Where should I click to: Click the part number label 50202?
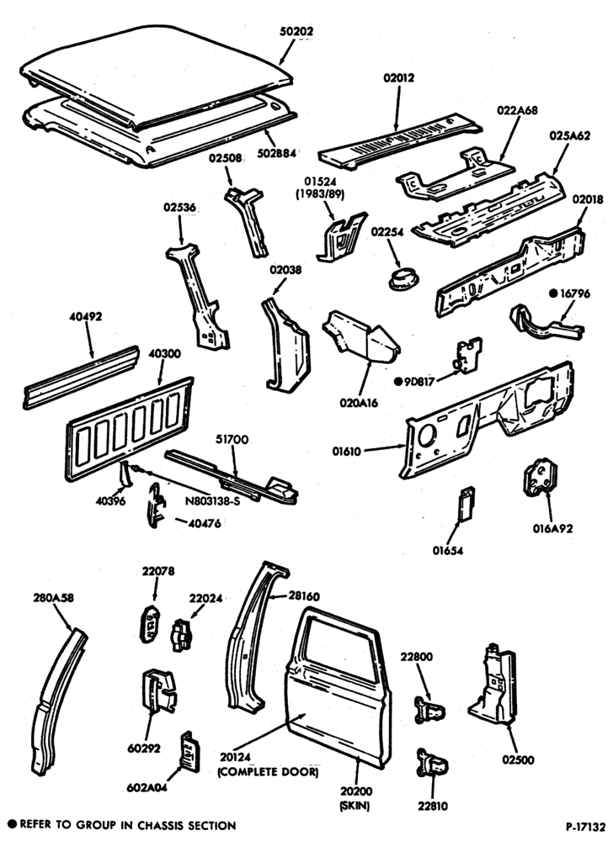point(296,32)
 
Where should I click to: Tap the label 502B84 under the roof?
point(276,153)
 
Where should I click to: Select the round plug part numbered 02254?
point(403,279)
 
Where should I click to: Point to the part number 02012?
point(399,77)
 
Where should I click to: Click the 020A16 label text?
point(358,402)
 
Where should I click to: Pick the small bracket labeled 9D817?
point(469,355)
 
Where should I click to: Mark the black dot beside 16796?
point(553,293)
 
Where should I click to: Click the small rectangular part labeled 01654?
point(466,503)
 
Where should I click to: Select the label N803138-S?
point(212,501)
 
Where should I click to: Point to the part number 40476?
point(204,523)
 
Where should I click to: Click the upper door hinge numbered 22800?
point(429,711)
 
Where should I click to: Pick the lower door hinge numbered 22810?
point(432,764)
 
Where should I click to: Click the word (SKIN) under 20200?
point(354,806)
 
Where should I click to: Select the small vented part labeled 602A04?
point(190,751)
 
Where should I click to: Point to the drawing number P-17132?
point(585,826)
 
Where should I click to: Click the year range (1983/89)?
point(321,194)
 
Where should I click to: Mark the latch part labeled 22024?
point(180,636)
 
